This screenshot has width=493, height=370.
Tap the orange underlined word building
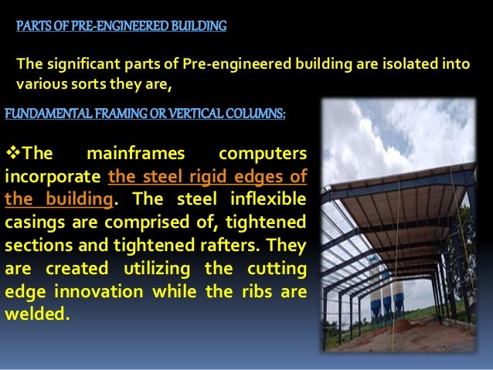pyautogui.click(x=83, y=197)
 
